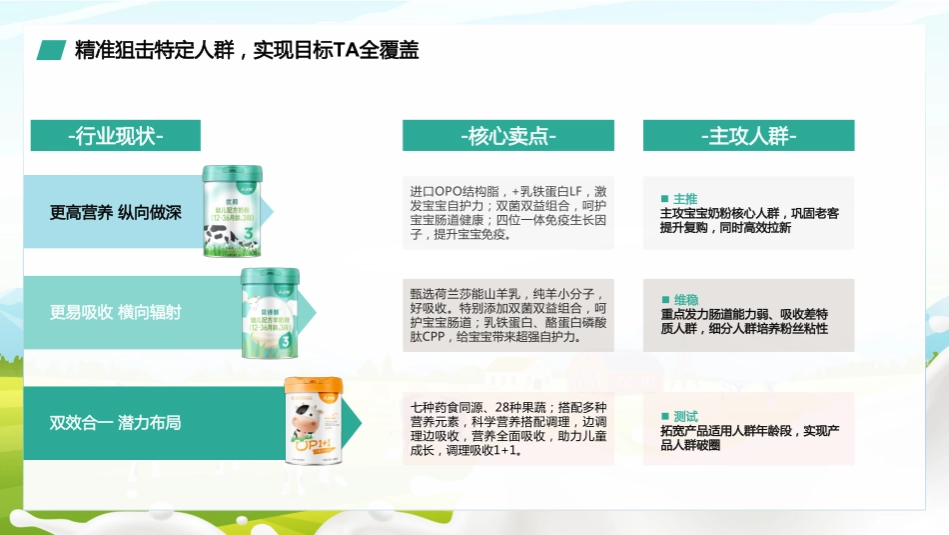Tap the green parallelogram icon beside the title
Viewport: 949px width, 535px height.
click(x=52, y=50)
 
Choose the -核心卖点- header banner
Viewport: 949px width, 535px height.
click(x=508, y=136)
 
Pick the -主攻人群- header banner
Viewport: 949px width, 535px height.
click(x=748, y=136)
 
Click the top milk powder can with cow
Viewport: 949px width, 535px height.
click(x=233, y=212)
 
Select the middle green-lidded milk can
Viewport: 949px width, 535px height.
click(x=271, y=312)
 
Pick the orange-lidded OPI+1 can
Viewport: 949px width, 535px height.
click(x=315, y=421)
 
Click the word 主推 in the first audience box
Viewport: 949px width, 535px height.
click(x=685, y=198)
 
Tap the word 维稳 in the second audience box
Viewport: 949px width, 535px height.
click(x=685, y=299)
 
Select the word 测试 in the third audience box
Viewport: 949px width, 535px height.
click(x=685, y=416)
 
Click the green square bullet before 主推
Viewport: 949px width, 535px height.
click(x=665, y=198)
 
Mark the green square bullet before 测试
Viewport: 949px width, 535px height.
click(x=665, y=416)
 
